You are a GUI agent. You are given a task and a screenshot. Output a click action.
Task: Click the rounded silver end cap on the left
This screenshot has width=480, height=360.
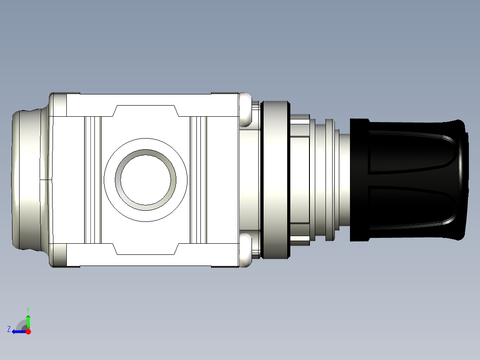click(28, 180)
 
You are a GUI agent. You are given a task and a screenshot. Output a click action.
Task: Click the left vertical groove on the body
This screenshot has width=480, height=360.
click(93, 180)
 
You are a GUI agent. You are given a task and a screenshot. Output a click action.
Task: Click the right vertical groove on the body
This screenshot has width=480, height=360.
click(199, 180)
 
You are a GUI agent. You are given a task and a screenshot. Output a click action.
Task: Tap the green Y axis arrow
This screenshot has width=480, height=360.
click(28, 320)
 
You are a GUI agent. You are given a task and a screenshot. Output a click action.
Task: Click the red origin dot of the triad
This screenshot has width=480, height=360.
click(28, 331)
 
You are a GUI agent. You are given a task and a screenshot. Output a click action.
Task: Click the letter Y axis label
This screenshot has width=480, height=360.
click(28, 309)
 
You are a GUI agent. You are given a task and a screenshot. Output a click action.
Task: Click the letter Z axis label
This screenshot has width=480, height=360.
click(9, 329)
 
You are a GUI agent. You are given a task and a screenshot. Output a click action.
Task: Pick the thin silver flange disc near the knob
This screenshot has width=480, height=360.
click(329, 180)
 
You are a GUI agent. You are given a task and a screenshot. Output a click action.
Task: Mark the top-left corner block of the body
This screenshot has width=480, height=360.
click(59, 105)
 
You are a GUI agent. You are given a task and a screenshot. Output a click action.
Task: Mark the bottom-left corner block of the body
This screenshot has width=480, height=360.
click(59, 255)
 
